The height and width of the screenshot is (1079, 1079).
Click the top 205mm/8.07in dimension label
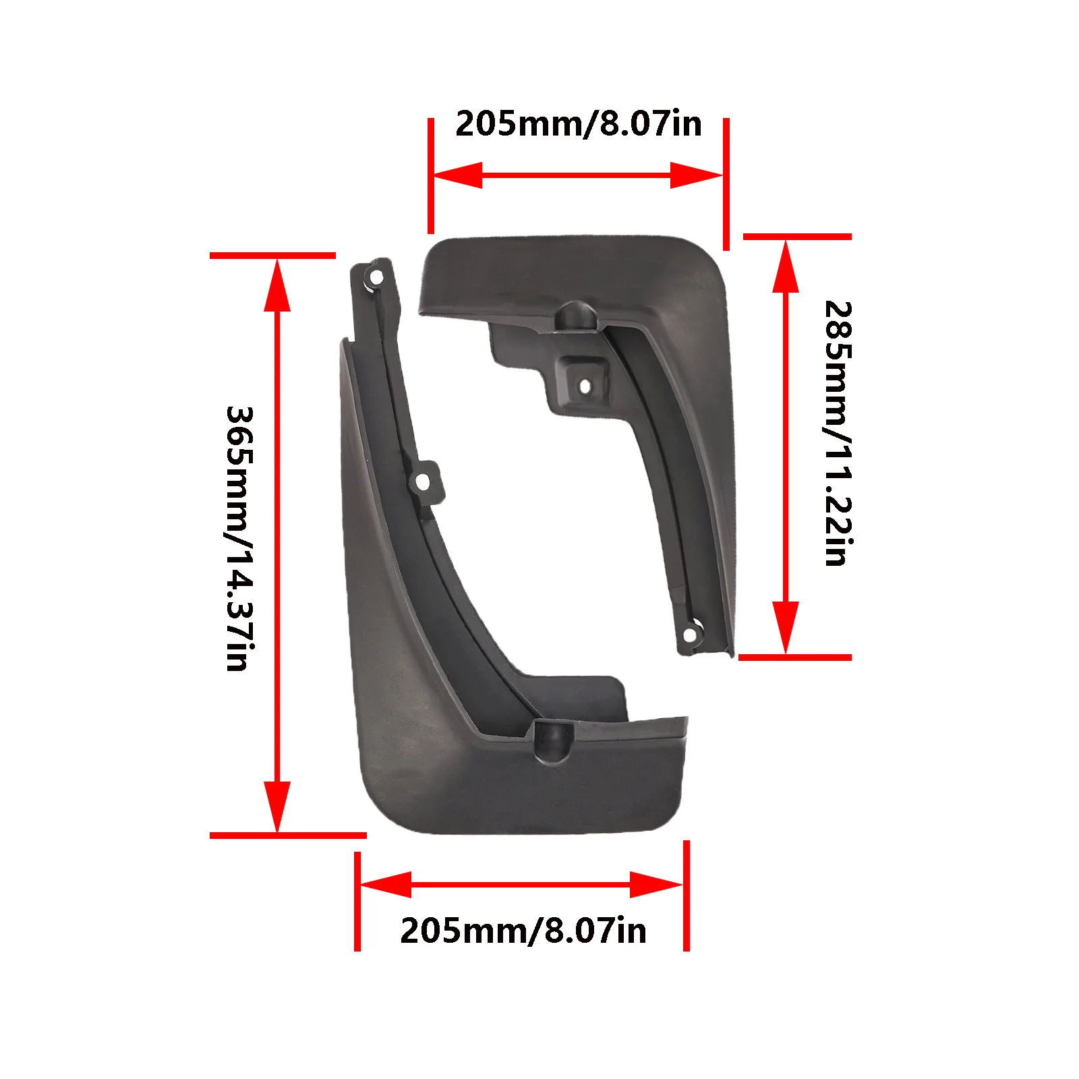579,124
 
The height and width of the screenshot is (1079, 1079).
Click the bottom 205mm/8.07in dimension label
523,931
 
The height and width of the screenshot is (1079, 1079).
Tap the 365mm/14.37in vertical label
240,538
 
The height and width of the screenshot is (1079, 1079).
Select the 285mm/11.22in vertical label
839,433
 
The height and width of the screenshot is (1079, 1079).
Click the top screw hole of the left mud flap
376,277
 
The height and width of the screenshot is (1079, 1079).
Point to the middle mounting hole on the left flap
422,482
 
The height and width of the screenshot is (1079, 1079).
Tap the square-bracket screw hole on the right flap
585,386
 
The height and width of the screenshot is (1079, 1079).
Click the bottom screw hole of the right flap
690,635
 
